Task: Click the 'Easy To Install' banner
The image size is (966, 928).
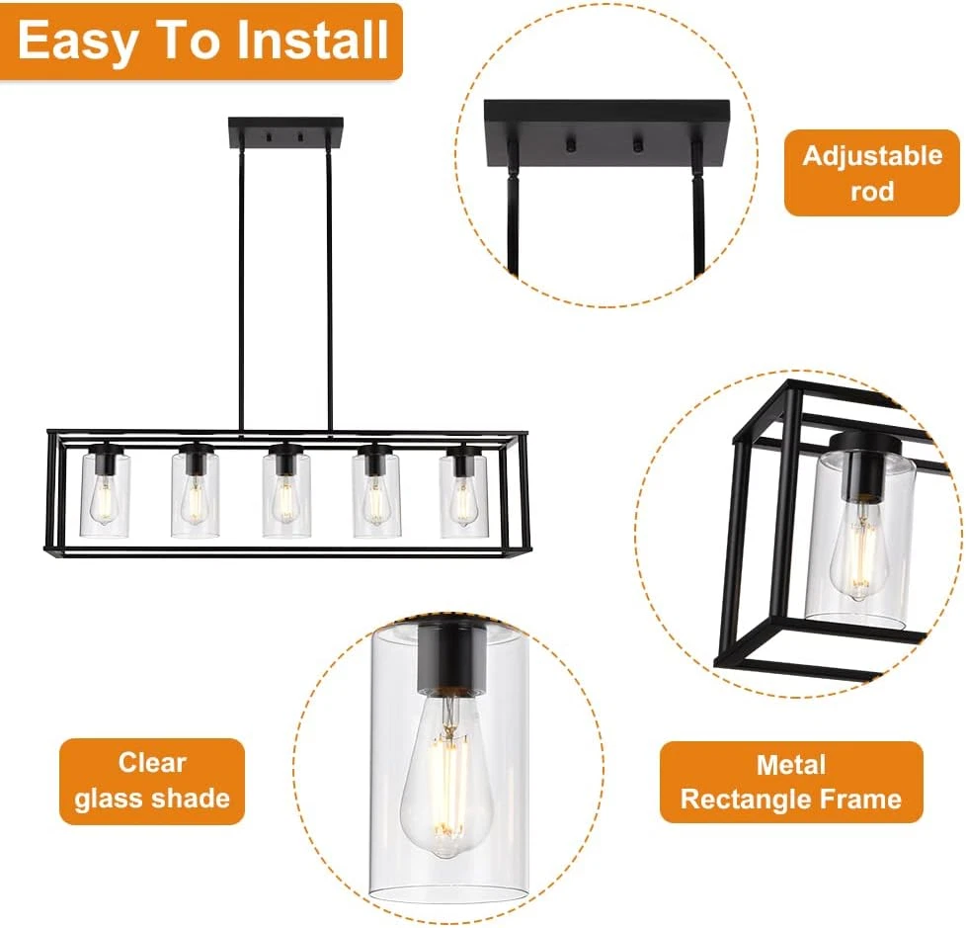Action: (201, 42)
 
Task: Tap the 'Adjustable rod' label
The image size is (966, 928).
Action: (872, 173)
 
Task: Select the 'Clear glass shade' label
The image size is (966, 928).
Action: (152, 781)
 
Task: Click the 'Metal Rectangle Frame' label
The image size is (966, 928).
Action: (791, 782)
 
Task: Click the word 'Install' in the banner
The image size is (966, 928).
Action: (312, 41)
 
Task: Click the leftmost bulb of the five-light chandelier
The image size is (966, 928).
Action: (105, 500)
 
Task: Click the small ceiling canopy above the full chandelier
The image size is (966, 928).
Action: (285, 132)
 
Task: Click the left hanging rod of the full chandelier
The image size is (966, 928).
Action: (241, 291)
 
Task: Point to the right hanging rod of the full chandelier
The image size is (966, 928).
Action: (330, 291)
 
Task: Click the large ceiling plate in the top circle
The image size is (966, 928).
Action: (606, 134)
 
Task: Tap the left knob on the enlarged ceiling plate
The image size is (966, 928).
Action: (571, 145)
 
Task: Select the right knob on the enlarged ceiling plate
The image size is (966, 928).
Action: (638, 145)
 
